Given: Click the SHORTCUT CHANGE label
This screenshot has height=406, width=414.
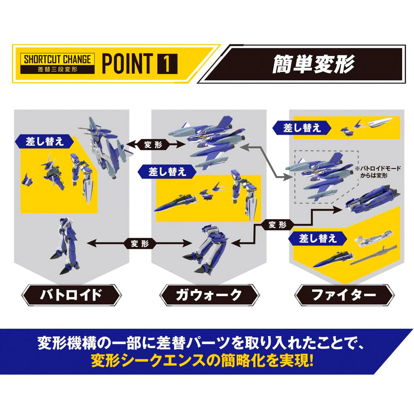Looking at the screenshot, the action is (x=57, y=59).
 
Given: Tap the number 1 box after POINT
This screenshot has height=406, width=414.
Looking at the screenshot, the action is (x=167, y=64).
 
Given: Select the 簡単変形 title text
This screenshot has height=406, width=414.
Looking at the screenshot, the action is (x=313, y=64).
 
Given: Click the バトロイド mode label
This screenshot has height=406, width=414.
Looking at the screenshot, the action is (x=71, y=295).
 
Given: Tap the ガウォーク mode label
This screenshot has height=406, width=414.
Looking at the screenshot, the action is (x=209, y=295).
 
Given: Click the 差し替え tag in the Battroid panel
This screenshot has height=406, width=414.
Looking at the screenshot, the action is (x=44, y=142).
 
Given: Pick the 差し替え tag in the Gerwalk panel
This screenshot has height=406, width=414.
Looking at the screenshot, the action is (x=167, y=172).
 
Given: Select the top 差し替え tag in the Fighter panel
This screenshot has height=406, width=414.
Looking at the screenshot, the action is (x=302, y=128).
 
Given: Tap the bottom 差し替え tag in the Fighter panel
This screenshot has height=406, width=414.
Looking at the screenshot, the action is (x=318, y=239).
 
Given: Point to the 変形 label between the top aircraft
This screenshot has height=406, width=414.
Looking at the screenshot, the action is (x=153, y=144).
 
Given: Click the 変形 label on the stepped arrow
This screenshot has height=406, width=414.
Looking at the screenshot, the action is (x=277, y=225).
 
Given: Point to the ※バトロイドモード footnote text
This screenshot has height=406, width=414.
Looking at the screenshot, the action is (x=378, y=172).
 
